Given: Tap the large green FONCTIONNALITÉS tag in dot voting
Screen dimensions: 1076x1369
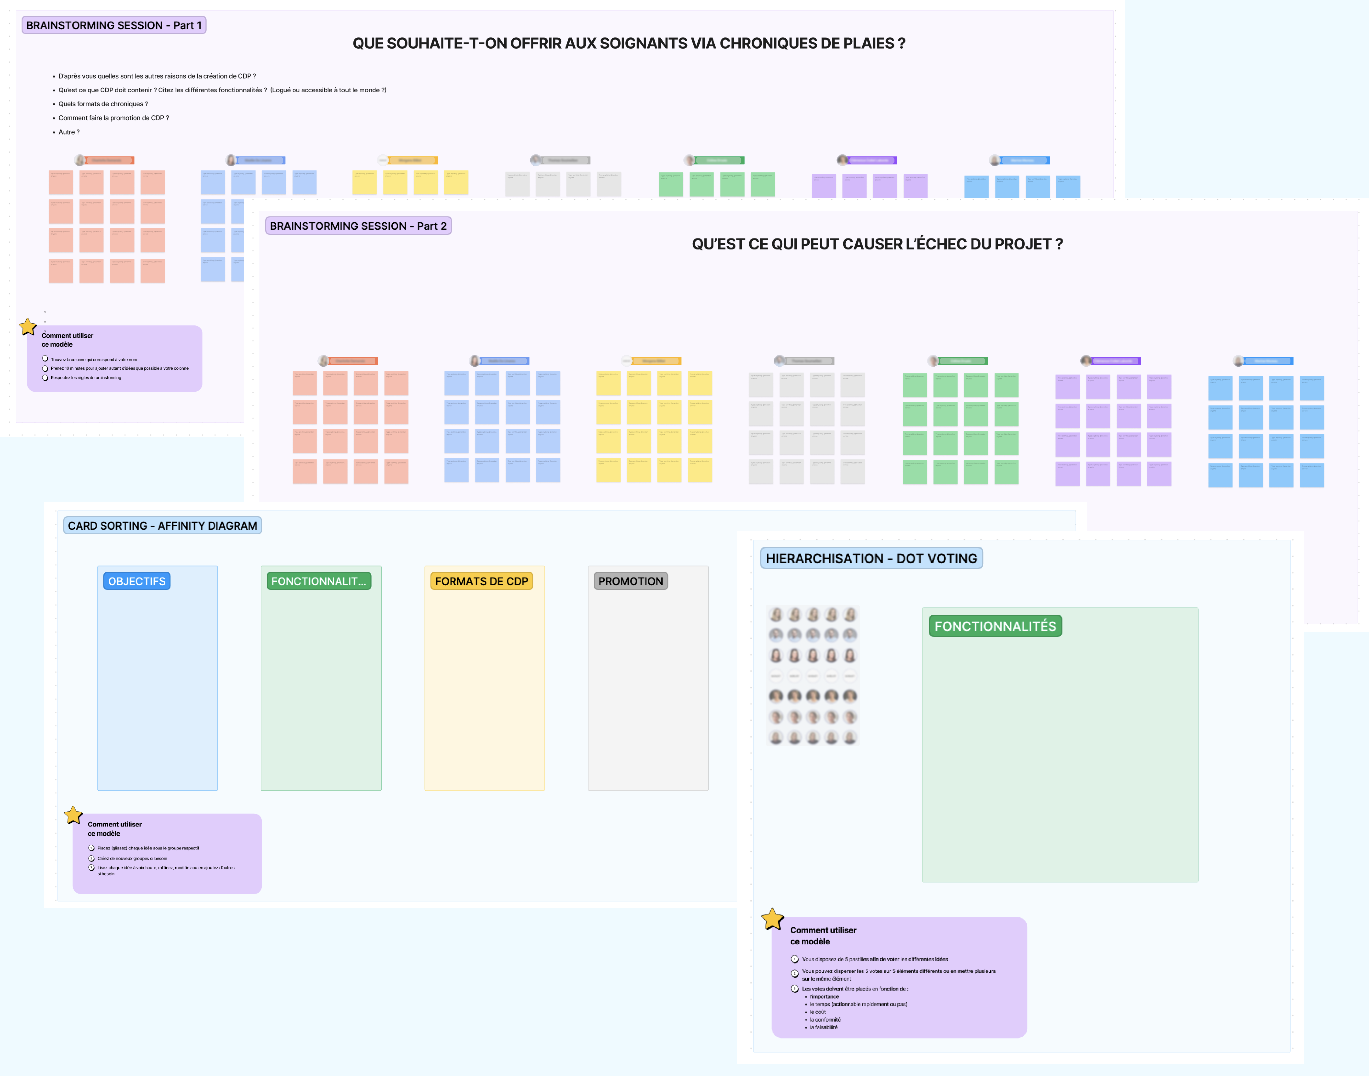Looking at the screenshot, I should click(995, 626).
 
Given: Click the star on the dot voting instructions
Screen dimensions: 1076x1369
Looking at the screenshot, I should click(772, 919).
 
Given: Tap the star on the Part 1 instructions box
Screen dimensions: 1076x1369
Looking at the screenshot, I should click(28, 327).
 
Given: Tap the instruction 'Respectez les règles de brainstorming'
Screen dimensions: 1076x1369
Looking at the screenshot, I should click(86, 378).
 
